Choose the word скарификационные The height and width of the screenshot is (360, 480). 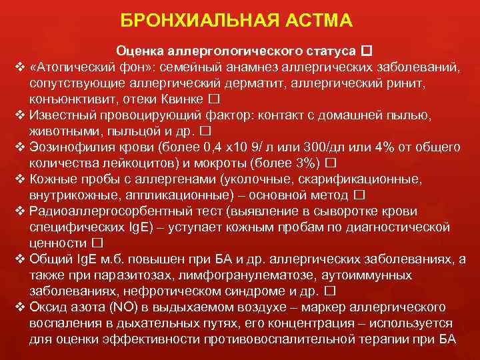[x=349, y=179]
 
